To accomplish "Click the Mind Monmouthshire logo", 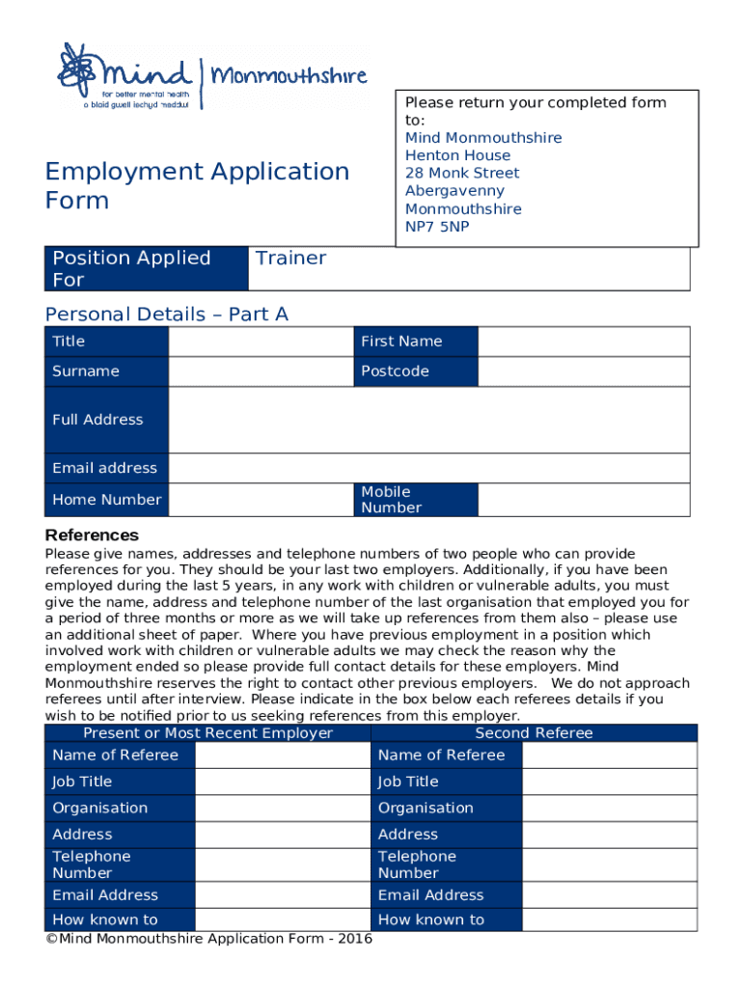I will pos(212,76).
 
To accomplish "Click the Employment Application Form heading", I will pos(197,185).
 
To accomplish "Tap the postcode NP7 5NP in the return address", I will pos(437,227).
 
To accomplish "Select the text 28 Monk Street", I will pos(461,173).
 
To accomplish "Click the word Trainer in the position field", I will pos(289,258).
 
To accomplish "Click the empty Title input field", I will pos(260,342).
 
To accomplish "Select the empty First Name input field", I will pos(584,342).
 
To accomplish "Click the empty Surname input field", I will pos(260,371).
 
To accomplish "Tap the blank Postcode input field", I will pos(584,371).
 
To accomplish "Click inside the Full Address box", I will pos(428,420).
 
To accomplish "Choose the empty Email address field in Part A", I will pos(428,468).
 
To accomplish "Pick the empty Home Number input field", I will pos(260,500).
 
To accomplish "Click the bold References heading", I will pos(93,535).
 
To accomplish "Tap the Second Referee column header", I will pos(534,733).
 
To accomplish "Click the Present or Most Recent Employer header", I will pos(207,733).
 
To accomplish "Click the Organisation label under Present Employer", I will pos(100,808).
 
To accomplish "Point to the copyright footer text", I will pos(209,940).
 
